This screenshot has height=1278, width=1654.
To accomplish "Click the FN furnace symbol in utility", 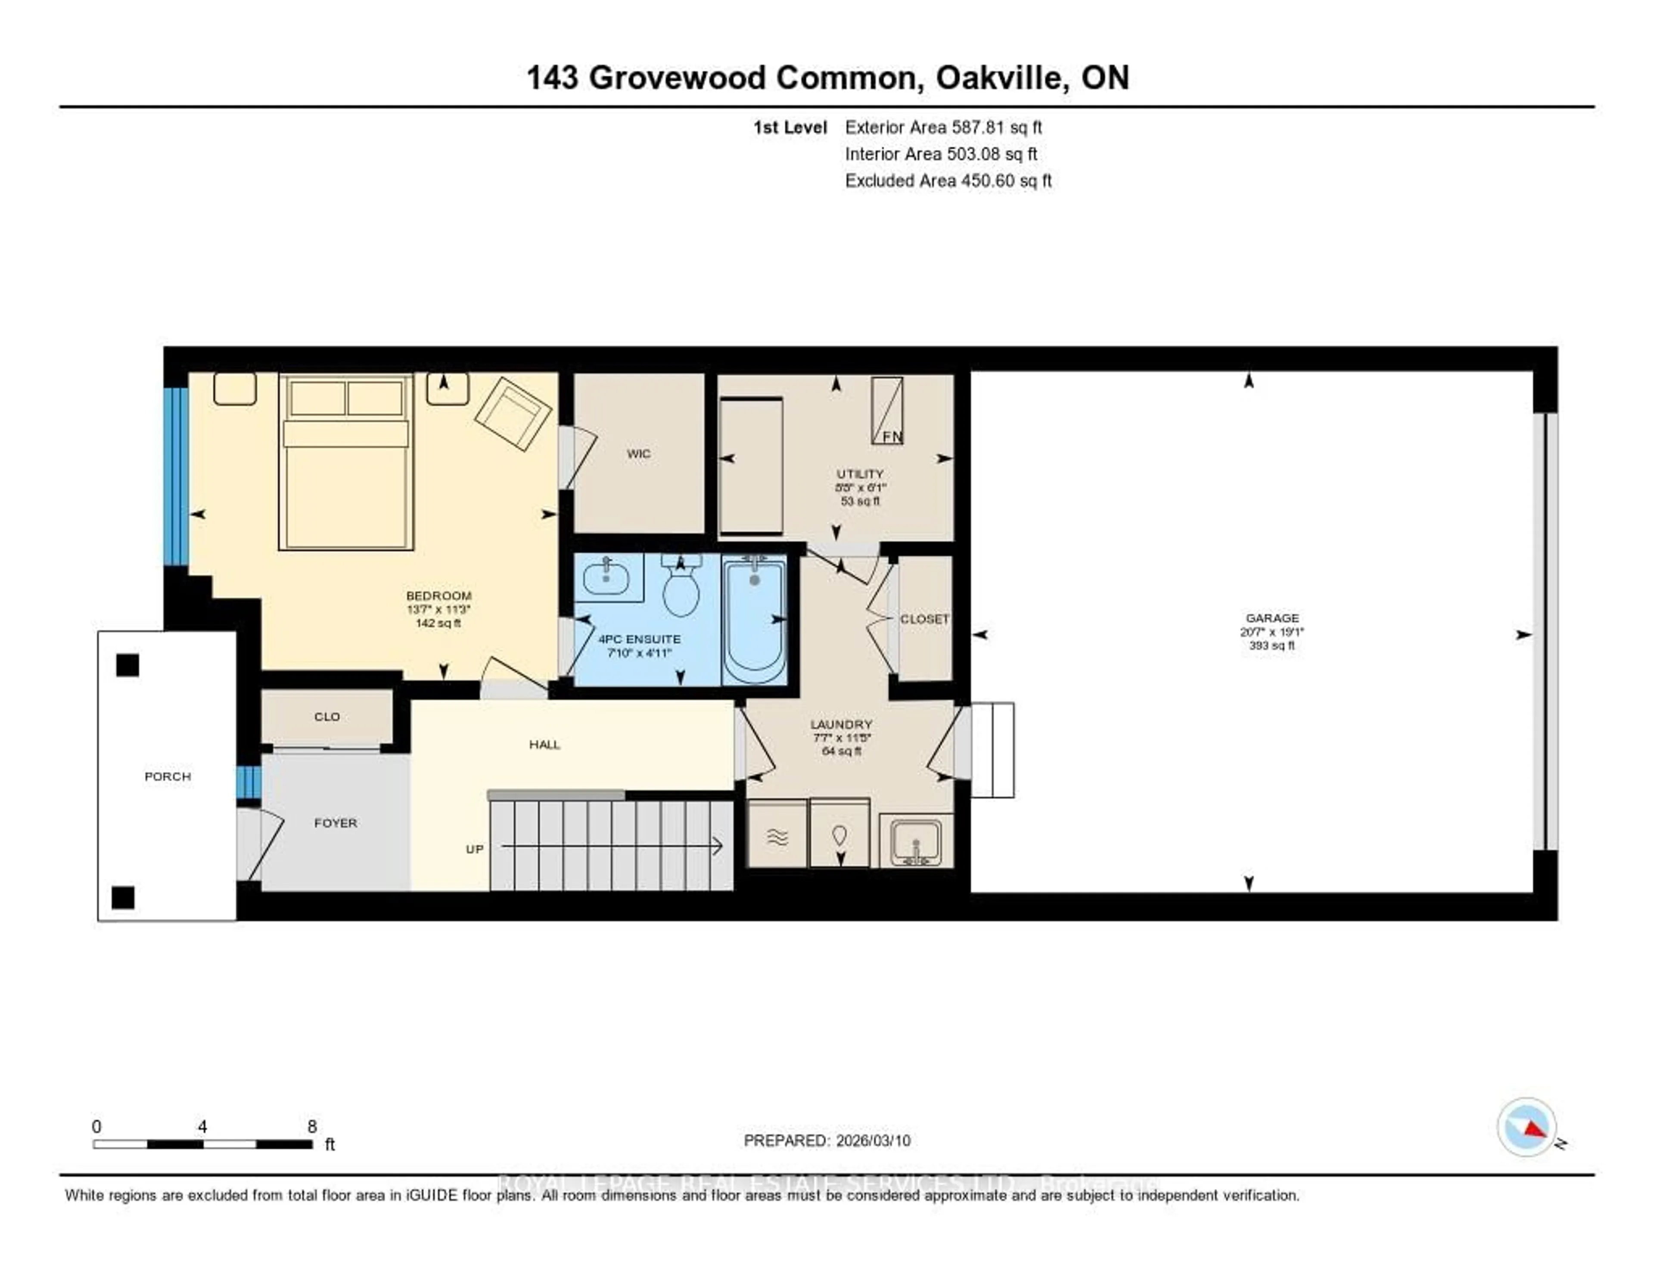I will pos(887,411).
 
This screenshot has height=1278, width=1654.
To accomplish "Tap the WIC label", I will pos(638,454).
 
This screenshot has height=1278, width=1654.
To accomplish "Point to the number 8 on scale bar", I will pos(312,1126).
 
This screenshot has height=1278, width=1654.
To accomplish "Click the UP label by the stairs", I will pos(474,849).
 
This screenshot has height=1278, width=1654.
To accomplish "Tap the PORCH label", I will pos(168,776).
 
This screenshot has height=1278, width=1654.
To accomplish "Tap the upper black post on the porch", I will pos(127,665).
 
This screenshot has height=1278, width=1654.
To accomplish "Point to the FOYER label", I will pos(336,823).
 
